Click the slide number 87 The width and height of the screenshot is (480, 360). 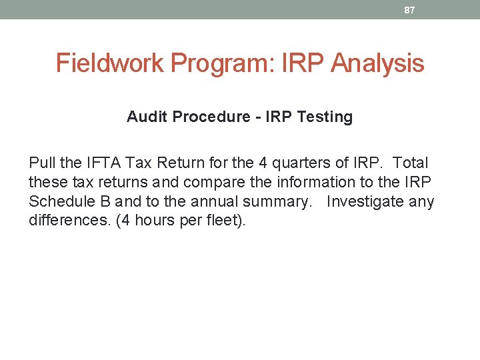(x=410, y=9)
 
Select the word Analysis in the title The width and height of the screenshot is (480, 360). (x=377, y=63)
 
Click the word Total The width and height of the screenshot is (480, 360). (x=411, y=163)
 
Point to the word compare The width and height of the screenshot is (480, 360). (x=209, y=182)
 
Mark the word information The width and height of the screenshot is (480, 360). (x=293, y=182)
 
